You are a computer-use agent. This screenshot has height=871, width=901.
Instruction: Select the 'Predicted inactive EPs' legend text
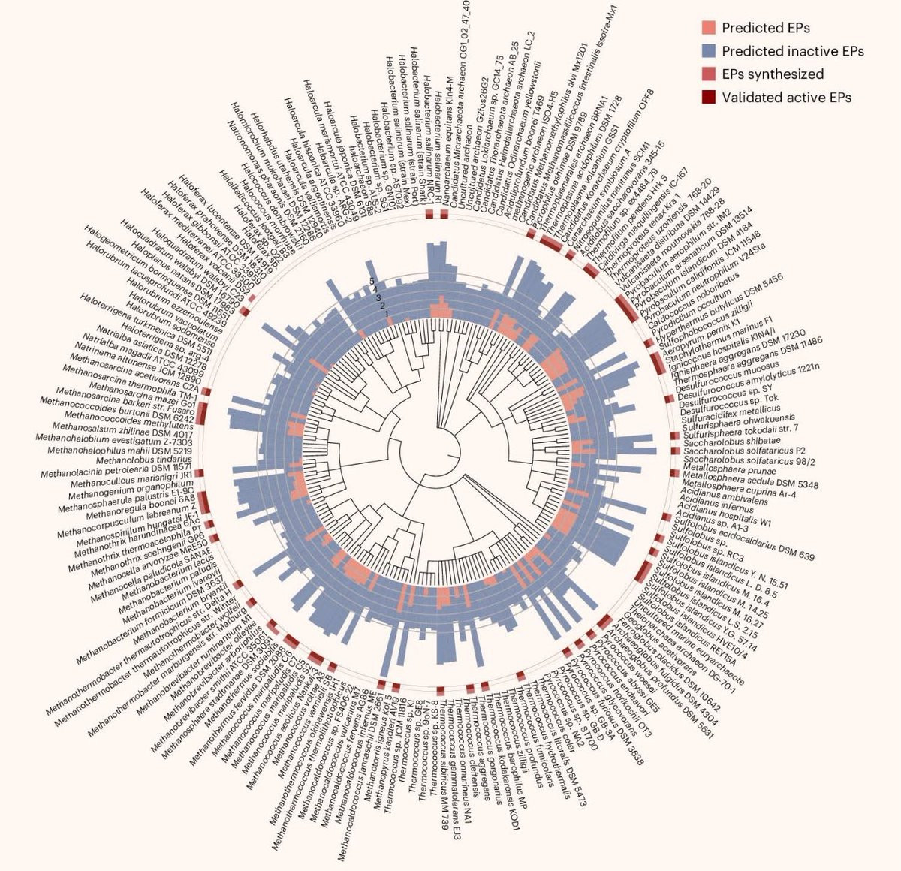pos(792,51)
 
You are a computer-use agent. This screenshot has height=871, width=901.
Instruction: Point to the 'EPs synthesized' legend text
pos(773,74)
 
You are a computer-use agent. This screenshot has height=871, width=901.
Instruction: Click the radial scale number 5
pos(370,281)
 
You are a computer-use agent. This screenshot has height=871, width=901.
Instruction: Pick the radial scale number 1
pos(387,314)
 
